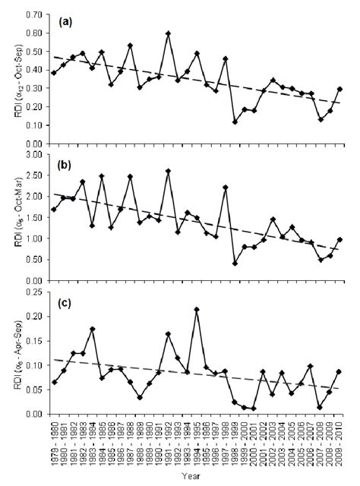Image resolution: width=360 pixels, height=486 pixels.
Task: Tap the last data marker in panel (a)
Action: coord(339,89)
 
